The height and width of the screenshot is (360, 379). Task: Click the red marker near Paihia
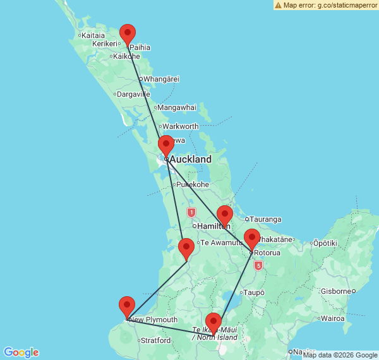[128, 34]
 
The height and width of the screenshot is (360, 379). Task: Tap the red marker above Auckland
[165, 145]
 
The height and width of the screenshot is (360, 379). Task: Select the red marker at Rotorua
[252, 239]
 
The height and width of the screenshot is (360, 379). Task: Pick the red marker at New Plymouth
[127, 306]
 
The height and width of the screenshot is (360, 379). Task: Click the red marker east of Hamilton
[224, 215]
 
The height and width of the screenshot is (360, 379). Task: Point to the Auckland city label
[190, 160]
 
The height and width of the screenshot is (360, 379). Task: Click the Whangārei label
[162, 79]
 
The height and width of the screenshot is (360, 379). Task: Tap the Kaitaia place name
[93, 35]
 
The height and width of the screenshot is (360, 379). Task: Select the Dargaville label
[133, 94]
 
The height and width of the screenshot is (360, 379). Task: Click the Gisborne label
[334, 291]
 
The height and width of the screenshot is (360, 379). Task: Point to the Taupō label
[254, 292]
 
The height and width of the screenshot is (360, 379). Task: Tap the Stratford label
[155, 340]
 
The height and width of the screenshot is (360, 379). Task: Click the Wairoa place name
[332, 318]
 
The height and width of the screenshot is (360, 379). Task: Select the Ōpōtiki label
[325, 243]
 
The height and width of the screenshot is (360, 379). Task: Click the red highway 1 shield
[191, 213]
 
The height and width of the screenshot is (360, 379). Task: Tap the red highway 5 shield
[258, 266]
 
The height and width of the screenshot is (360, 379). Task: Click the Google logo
[21, 352]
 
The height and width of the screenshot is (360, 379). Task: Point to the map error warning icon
[278, 5]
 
